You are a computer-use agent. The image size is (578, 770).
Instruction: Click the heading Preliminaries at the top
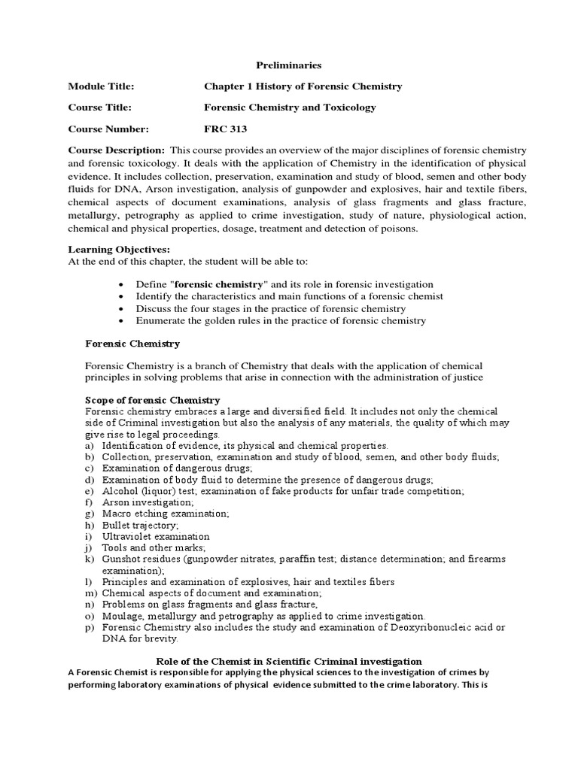[290, 65]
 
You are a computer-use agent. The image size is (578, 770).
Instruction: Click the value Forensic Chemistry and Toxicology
[290, 108]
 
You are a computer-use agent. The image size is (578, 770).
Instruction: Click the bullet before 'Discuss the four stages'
[122, 309]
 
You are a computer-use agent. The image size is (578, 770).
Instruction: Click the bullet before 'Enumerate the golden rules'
[122, 321]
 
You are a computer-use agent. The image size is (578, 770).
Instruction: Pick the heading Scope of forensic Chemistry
[153, 400]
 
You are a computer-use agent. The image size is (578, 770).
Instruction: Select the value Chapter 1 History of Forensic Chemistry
[303, 86]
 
